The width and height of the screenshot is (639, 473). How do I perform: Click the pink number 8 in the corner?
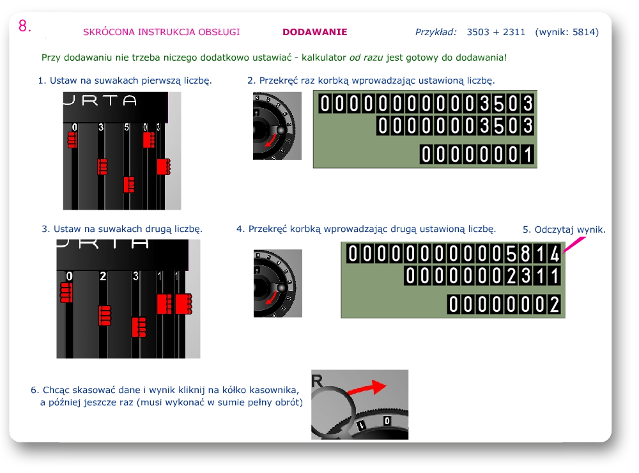tap(24, 26)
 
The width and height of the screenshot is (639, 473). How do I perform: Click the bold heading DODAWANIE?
tap(314, 32)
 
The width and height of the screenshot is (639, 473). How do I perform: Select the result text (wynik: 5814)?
tap(567, 32)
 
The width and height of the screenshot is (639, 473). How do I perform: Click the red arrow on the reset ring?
tap(367, 388)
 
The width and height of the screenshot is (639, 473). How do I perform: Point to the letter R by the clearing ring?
tap(317, 381)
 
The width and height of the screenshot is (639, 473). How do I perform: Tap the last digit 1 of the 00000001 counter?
tap(528, 155)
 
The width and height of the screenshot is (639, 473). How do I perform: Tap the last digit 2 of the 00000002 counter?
tap(555, 305)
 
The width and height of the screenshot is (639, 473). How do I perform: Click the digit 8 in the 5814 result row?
tap(526, 254)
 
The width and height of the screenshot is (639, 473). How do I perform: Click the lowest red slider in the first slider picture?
tap(129, 185)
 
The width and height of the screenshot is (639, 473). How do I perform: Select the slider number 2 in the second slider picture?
tap(103, 276)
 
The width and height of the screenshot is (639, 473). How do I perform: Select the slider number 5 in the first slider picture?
tap(127, 127)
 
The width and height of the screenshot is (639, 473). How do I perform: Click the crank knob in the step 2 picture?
tap(281, 130)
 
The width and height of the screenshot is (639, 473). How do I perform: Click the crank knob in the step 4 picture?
tap(282, 288)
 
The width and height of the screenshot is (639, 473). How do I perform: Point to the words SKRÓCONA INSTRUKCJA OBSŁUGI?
tap(162, 32)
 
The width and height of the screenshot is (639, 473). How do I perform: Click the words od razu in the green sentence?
tap(366, 58)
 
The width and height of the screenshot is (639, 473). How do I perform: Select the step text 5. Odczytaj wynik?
tap(564, 229)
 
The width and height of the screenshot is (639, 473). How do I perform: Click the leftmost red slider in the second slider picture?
tap(66, 292)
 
